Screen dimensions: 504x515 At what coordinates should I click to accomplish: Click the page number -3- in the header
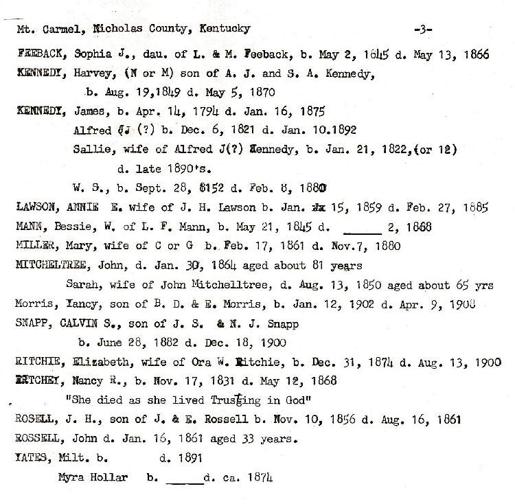(x=424, y=29)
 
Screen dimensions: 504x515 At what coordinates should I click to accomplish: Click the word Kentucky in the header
(x=225, y=29)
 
